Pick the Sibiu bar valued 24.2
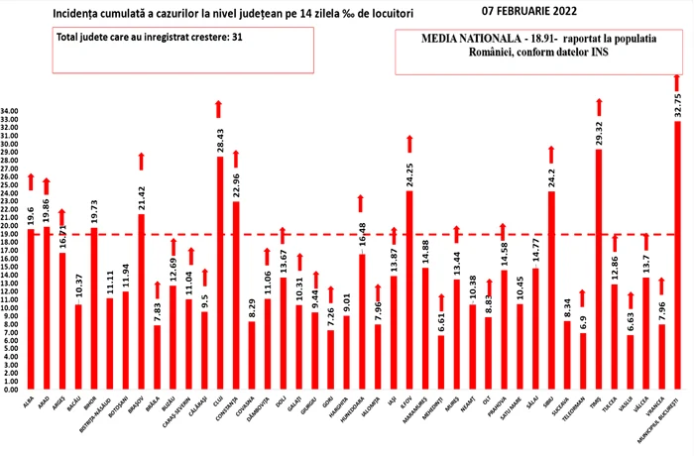(x=551, y=278)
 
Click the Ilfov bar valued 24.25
(x=409, y=278)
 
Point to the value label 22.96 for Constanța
(x=236, y=184)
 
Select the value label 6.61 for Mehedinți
(x=441, y=319)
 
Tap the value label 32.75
(x=678, y=104)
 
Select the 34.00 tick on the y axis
(x=12, y=111)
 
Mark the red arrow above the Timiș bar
(x=599, y=105)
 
